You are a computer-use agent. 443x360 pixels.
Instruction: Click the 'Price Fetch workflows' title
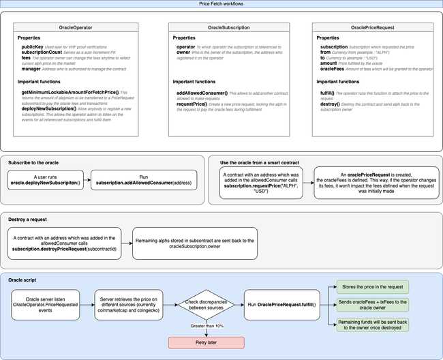click(221, 4)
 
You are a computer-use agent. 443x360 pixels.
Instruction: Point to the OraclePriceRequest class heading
click(372, 28)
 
